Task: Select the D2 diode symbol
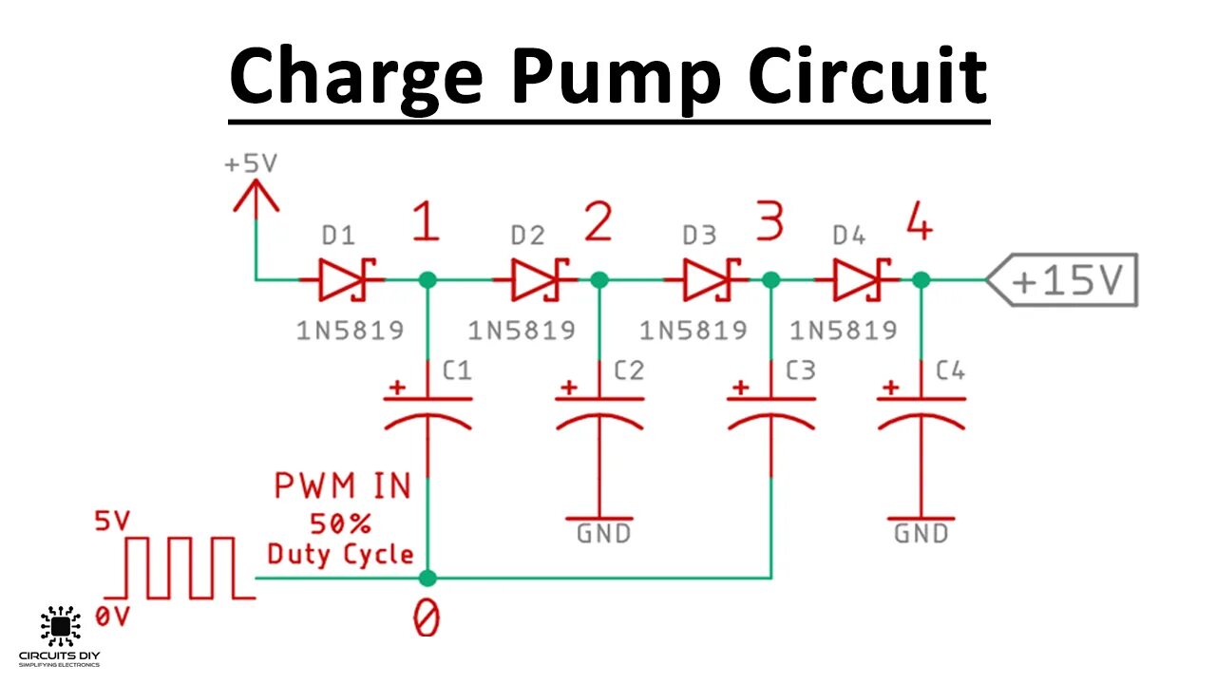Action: [x=538, y=279]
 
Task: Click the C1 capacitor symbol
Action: [x=427, y=408]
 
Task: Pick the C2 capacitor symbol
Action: [x=599, y=408]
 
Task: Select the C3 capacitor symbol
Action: [x=770, y=408]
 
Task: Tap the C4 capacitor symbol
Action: [x=921, y=408]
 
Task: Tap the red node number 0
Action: [x=427, y=619]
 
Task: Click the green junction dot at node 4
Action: [x=921, y=279]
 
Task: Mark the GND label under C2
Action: [x=602, y=534]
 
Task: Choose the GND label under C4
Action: [x=921, y=534]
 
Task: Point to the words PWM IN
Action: [x=342, y=487]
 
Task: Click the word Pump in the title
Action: [x=607, y=76]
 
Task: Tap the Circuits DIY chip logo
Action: [x=60, y=625]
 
